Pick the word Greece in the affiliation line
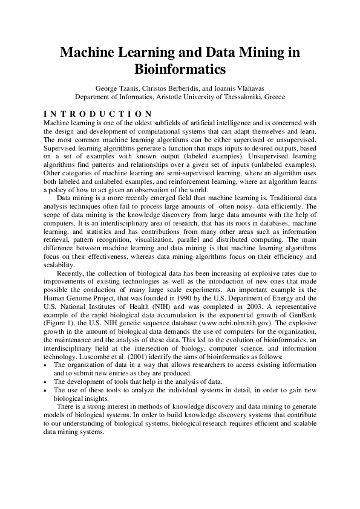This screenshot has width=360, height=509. tap(272, 97)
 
